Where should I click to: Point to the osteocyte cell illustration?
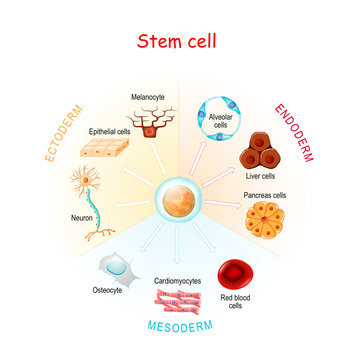117,267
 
